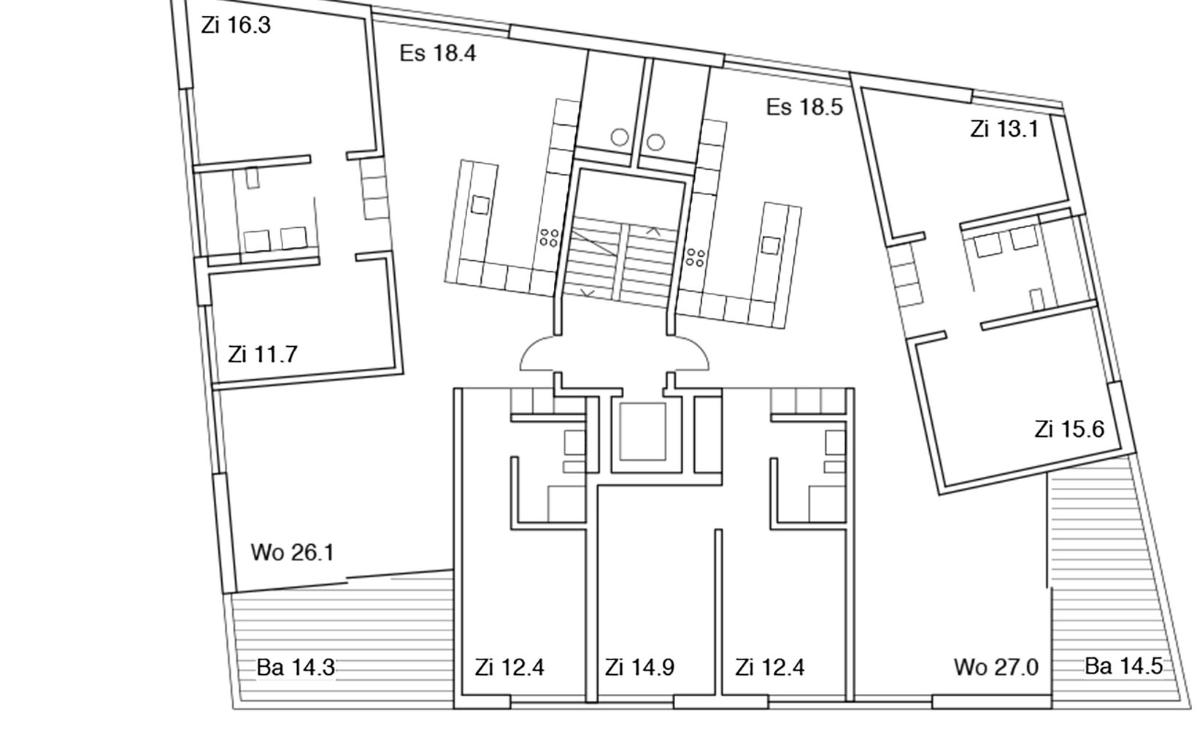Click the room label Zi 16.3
tap(236, 25)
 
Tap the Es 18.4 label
tap(438, 53)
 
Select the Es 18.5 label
tap(804, 107)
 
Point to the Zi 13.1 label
tap(1004, 129)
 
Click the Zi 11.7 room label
tap(262, 354)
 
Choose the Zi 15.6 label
tap(1069, 429)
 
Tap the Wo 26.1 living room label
tap(292, 552)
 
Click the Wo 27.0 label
tap(996, 667)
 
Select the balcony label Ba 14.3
tap(296, 667)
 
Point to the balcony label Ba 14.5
tap(1123, 666)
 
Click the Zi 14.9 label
tap(639, 667)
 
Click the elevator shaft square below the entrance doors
tap(643, 432)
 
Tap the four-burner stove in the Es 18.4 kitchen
tap(550, 237)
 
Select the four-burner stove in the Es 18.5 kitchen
tap(696, 256)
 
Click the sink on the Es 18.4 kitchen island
tap(480, 205)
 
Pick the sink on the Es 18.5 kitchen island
tap(770, 245)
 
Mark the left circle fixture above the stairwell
tap(620, 137)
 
